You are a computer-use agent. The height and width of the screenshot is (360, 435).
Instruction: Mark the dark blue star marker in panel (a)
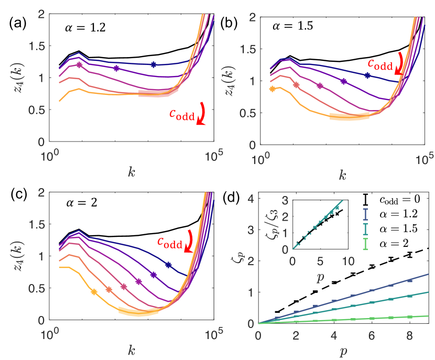(x=154, y=64)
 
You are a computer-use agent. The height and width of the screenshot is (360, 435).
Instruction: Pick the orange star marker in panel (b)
(x=271, y=89)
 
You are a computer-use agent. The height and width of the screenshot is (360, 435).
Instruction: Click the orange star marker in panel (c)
(x=94, y=292)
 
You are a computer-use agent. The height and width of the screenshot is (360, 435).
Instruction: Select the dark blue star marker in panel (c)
(x=168, y=265)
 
